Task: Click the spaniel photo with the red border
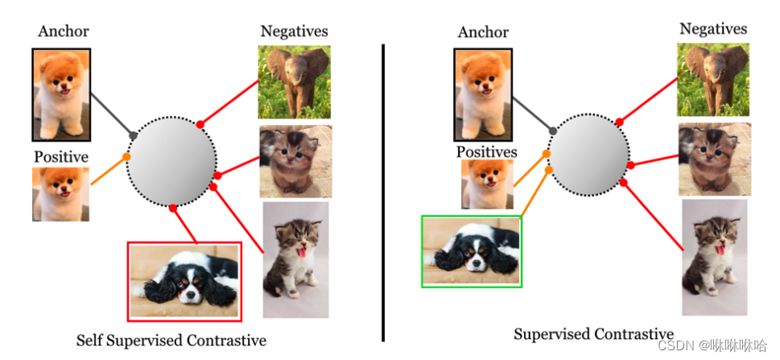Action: (184, 281)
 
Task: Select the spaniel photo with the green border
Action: (472, 251)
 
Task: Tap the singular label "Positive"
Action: (61, 156)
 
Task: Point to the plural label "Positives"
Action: (486, 151)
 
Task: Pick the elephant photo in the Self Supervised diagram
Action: (294, 82)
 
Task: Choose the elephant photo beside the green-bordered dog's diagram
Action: (713, 79)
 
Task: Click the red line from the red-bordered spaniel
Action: (184, 225)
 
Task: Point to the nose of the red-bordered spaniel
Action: (190, 297)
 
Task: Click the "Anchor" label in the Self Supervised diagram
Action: (63, 32)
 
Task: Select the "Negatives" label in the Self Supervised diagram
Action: (294, 31)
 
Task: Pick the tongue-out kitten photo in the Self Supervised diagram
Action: (296, 259)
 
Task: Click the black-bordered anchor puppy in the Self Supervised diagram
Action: (61, 94)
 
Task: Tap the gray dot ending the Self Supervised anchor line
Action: (134, 135)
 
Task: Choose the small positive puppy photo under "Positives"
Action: (486, 184)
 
